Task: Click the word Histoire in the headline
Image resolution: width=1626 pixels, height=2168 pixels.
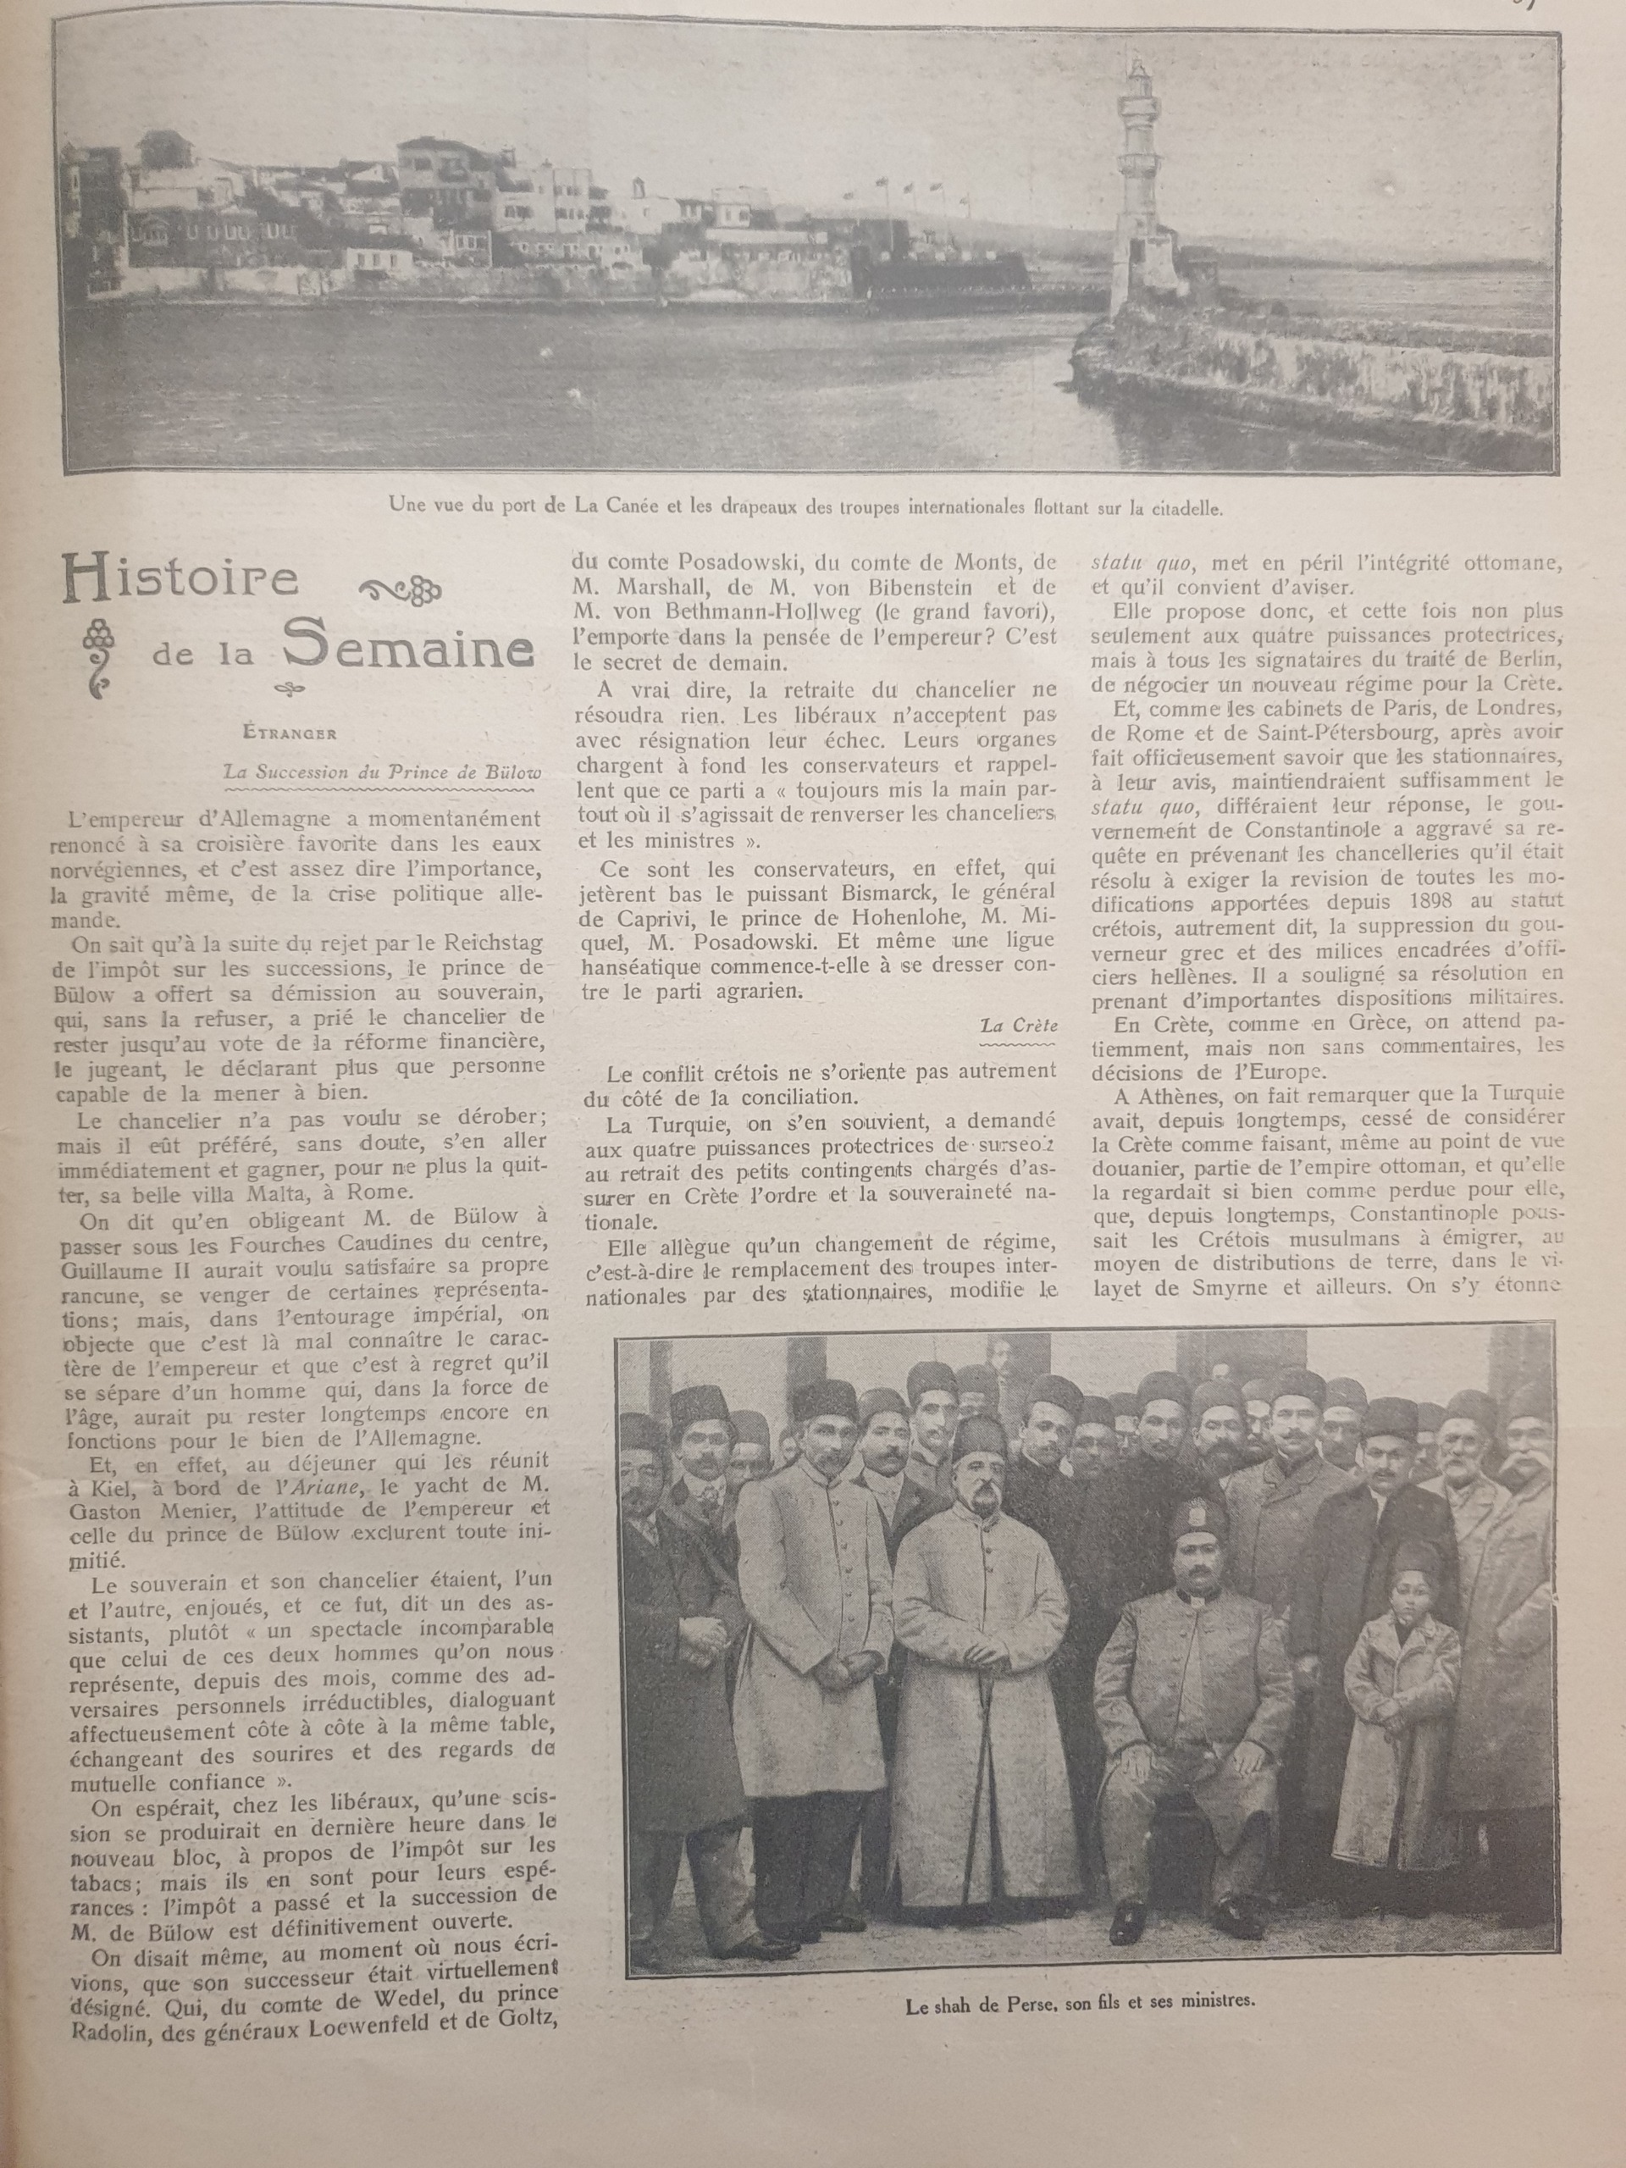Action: click(180, 579)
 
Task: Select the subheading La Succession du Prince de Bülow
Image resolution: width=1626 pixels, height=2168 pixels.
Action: click(381, 772)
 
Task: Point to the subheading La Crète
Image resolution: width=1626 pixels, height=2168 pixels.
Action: click(1020, 1026)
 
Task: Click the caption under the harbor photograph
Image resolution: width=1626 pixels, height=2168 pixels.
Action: click(805, 506)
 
